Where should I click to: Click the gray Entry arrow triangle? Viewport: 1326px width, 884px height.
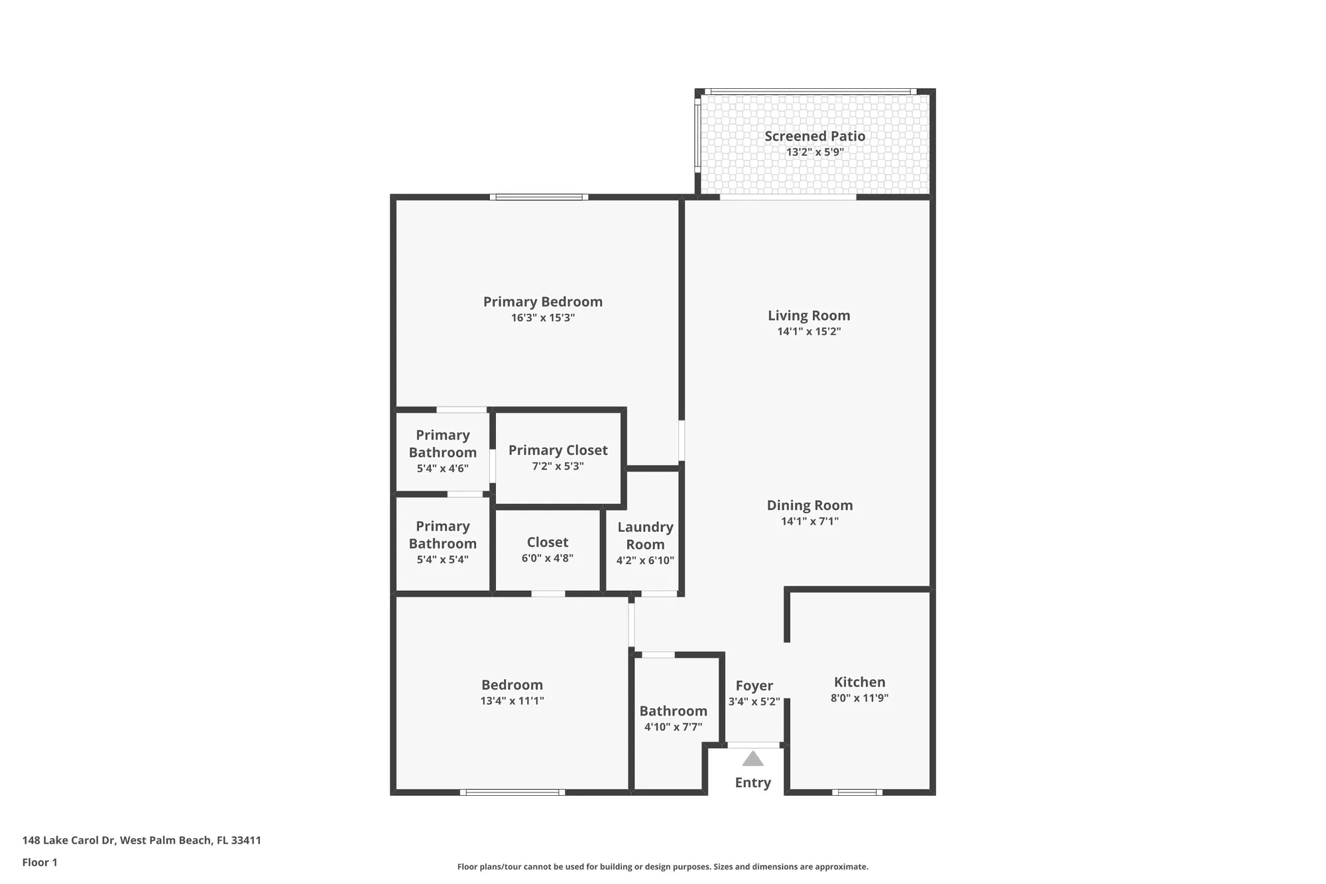[x=753, y=759]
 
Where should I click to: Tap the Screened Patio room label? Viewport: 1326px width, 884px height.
[x=815, y=136]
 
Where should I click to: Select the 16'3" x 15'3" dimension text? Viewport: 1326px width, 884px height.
[x=542, y=318]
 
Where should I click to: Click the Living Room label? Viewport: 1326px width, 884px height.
[x=809, y=316]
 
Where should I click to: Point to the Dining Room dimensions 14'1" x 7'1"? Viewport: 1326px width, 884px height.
[x=810, y=521]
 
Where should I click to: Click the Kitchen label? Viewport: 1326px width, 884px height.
[x=859, y=682]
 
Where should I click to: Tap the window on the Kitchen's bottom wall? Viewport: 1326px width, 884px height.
[x=857, y=792]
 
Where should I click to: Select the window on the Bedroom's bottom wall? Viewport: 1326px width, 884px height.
[x=512, y=792]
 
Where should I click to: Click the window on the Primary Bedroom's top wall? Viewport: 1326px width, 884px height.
[x=539, y=197]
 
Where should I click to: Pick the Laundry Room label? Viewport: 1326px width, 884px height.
[x=645, y=535]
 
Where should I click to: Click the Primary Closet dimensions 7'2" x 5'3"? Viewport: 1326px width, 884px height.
[x=558, y=466]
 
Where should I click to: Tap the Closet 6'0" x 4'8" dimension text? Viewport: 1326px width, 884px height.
[x=547, y=558]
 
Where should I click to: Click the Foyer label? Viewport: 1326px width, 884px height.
[x=754, y=686]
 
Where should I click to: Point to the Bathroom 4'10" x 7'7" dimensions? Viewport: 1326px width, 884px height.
[x=673, y=727]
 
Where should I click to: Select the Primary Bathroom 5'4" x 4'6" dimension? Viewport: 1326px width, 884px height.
[x=442, y=468]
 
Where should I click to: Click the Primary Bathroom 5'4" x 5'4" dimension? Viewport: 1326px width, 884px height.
[x=442, y=560]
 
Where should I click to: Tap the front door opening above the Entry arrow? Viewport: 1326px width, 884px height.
[x=754, y=745]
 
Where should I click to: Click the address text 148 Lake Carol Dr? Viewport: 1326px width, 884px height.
[x=69, y=840]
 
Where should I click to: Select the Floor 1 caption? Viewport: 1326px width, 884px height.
[x=40, y=862]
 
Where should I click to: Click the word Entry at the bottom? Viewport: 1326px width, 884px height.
[x=753, y=783]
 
